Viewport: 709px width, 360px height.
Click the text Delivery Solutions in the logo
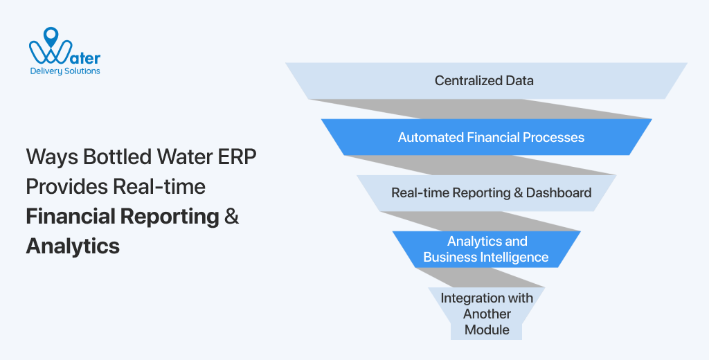pos(64,71)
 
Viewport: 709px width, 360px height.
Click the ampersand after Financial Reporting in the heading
pos(232,216)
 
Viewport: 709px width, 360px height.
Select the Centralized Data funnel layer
pos(484,80)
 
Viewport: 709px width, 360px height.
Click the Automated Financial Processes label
pos(490,137)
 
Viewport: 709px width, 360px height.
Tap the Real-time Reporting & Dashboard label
pos(491,192)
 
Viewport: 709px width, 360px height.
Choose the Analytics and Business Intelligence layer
pos(486,249)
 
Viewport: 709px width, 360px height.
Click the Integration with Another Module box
pos(487,314)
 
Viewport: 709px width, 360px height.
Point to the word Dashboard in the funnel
pos(559,192)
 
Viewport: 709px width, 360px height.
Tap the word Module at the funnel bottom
pos(487,330)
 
